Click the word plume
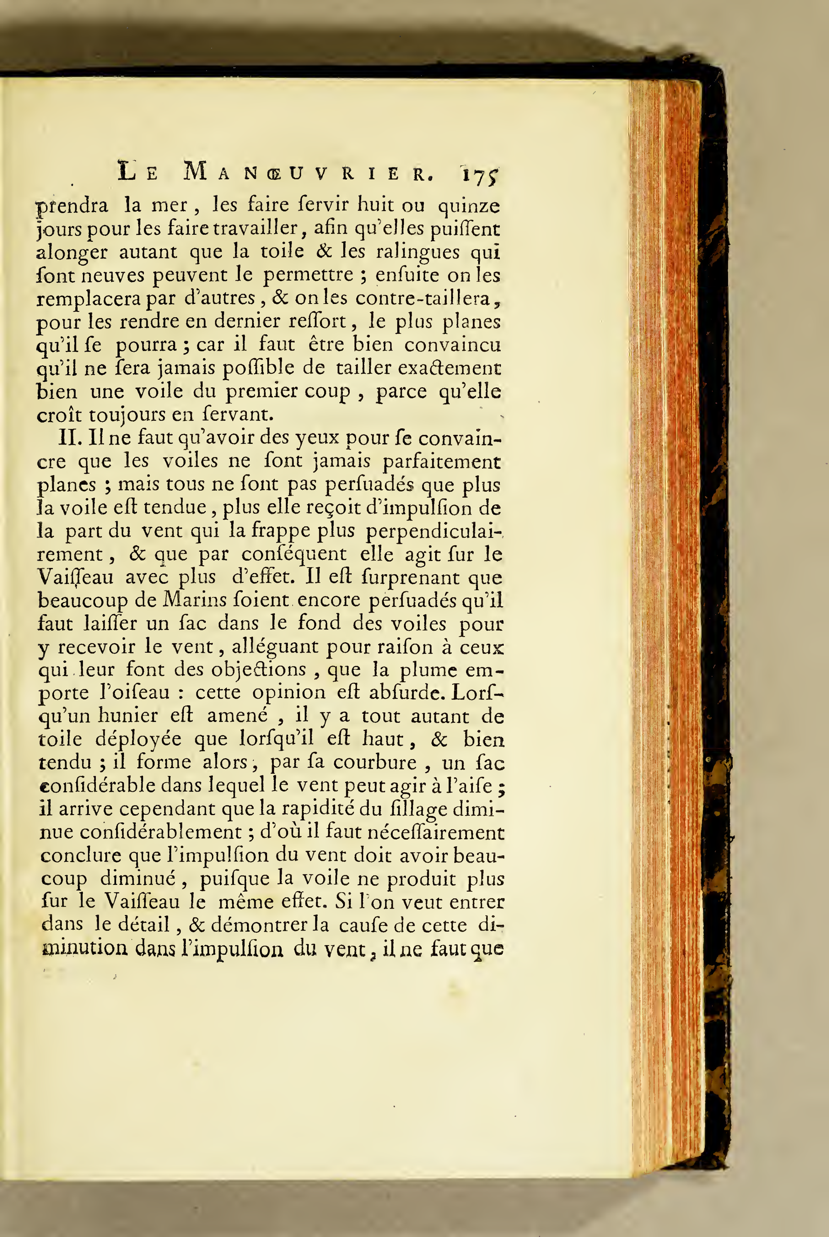coord(428,670)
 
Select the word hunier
coord(128,716)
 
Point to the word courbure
coord(375,762)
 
